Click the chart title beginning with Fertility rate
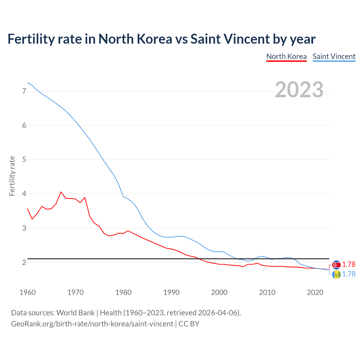(161, 39)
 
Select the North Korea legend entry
(286, 56)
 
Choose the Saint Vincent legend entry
(334, 56)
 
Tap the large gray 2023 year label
(299, 90)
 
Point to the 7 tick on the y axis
(24, 91)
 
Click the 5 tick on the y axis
(24, 160)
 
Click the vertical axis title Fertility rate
(12, 176)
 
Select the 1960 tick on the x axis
(28, 292)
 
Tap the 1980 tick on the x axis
(123, 292)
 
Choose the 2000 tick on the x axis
(219, 292)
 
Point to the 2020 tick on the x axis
(315, 292)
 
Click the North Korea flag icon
(336, 265)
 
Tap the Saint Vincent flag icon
(336, 274)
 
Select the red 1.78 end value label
(349, 264)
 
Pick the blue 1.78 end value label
(349, 274)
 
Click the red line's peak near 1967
(61, 192)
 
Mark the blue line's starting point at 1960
(28, 83)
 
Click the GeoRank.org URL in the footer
(92, 324)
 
